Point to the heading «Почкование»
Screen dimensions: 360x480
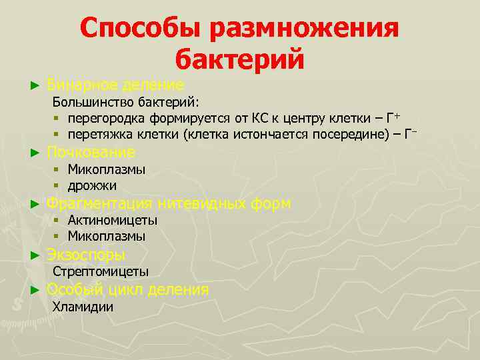[91, 153]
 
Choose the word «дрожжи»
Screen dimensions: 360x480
[92, 186]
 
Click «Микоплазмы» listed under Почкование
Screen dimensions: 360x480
[107, 170]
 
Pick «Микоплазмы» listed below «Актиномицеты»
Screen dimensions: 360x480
[107, 237]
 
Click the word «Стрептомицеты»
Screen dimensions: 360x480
[101, 272]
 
